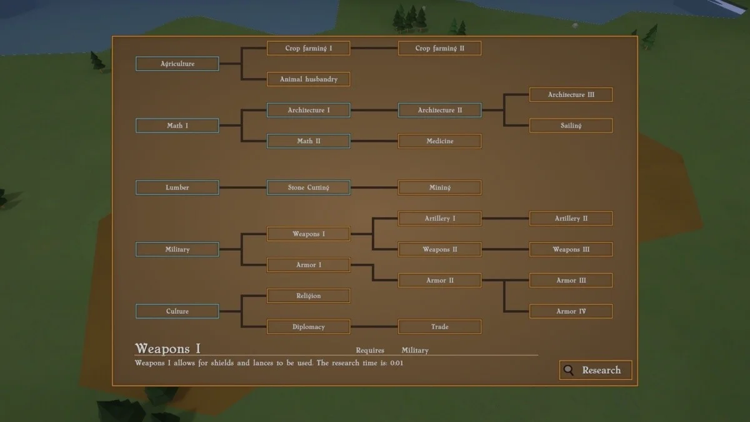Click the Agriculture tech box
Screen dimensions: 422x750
pyautogui.click(x=177, y=64)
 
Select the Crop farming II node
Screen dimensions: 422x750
pyautogui.click(x=439, y=48)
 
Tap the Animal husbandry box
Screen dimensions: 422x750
pyautogui.click(x=308, y=79)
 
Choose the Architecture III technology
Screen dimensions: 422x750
pyautogui.click(x=571, y=94)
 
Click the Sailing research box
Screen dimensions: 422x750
pyautogui.click(x=571, y=126)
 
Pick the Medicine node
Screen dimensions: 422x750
pyautogui.click(x=439, y=141)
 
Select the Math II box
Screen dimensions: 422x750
pyautogui.click(x=308, y=141)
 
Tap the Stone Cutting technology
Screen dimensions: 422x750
pyautogui.click(x=308, y=188)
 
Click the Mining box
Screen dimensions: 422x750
pyautogui.click(x=439, y=188)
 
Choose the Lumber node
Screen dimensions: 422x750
pyautogui.click(x=177, y=188)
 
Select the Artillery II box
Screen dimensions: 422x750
pyautogui.click(x=571, y=218)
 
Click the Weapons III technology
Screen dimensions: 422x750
pyautogui.click(x=571, y=249)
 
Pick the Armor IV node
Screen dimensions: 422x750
pyautogui.click(x=571, y=311)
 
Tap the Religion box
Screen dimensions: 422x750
pyautogui.click(x=308, y=296)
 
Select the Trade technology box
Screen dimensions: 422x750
pyautogui.click(x=439, y=327)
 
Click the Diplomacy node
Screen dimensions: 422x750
pyautogui.click(x=308, y=327)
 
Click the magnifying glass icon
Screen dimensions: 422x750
pyautogui.click(x=568, y=370)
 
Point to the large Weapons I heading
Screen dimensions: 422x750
pyautogui.click(x=168, y=348)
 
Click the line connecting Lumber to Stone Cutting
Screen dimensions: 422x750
pyautogui.click(x=243, y=188)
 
